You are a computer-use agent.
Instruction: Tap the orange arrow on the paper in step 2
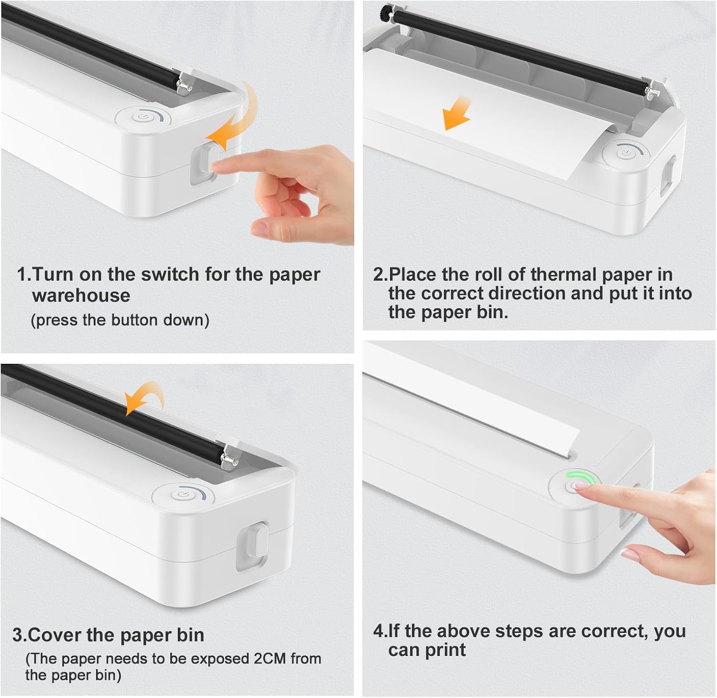[456, 113]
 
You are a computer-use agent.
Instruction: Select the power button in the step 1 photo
[143, 117]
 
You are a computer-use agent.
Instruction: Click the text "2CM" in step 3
[270, 658]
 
